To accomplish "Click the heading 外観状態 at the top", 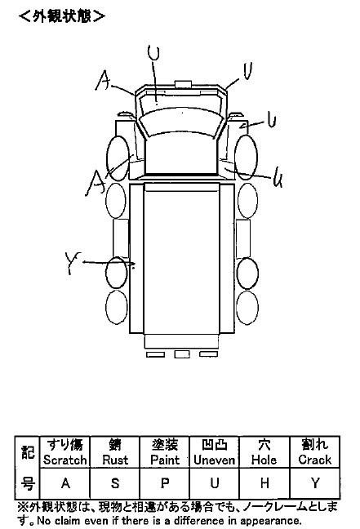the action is pos(62,16).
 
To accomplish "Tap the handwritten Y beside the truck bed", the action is pos(73,263).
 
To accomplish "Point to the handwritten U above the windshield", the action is pos(153,53).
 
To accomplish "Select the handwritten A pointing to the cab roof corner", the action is pos(103,80).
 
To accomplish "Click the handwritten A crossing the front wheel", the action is pos(96,183).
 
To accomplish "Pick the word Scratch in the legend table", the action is pos(64,460).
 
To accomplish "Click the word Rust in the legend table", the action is pos(115,460).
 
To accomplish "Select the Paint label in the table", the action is pos(165,460).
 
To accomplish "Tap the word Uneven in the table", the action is pos(214,460).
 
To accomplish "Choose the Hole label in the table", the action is pos(264,460).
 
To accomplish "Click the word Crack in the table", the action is pos(315,460).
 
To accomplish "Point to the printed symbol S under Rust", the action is pos(115,483).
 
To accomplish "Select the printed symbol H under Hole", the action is pos(264,483).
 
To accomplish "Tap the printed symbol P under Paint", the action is pos(165,483).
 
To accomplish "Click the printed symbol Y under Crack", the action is pos(315,483).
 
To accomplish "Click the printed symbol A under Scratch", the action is pos(65,483).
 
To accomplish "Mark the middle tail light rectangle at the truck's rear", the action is pos(182,354).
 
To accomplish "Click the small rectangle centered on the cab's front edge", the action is pos(183,84).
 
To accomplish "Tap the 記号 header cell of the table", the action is pos(27,468).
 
